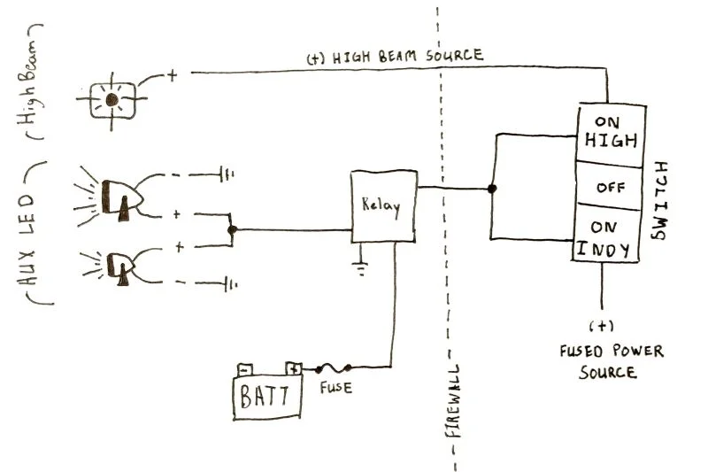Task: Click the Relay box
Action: (x=383, y=206)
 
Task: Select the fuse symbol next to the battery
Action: (x=334, y=368)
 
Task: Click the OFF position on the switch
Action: (x=610, y=186)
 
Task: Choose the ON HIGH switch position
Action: (x=611, y=133)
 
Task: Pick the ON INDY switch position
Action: (x=605, y=234)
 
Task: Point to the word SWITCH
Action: (x=659, y=200)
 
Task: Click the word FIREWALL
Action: (x=453, y=401)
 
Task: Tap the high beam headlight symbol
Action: (x=112, y=100)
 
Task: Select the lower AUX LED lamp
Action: (x=118, y=267)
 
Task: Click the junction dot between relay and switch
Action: (x=492, y=189)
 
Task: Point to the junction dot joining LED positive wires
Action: (x=232, y=230)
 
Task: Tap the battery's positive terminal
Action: (x=293, y=368)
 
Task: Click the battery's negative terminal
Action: (x=245, y=370)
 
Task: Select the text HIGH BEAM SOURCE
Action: (x=395, y=57)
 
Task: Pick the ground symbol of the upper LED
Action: (x=227, y=174)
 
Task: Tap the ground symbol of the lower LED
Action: (x=230, y=284)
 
